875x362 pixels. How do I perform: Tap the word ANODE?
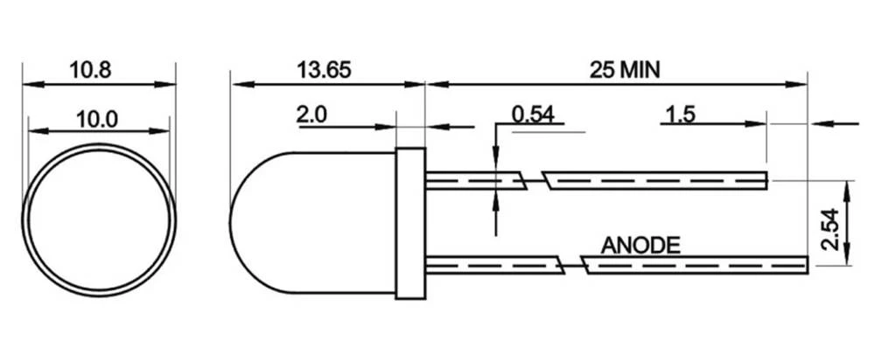[640, 245]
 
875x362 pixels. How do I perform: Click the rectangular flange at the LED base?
[410, 222]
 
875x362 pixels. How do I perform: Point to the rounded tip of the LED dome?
[234, 222]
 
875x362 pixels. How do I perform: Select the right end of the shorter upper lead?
[765, 181]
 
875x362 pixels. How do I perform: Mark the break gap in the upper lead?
[534, 181]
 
